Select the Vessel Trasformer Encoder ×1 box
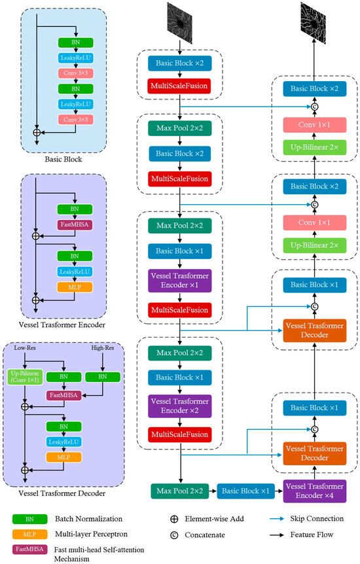pyautogui.click(x=179, y=281)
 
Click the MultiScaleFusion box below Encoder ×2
pyautogui.click(x=179, y=434)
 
